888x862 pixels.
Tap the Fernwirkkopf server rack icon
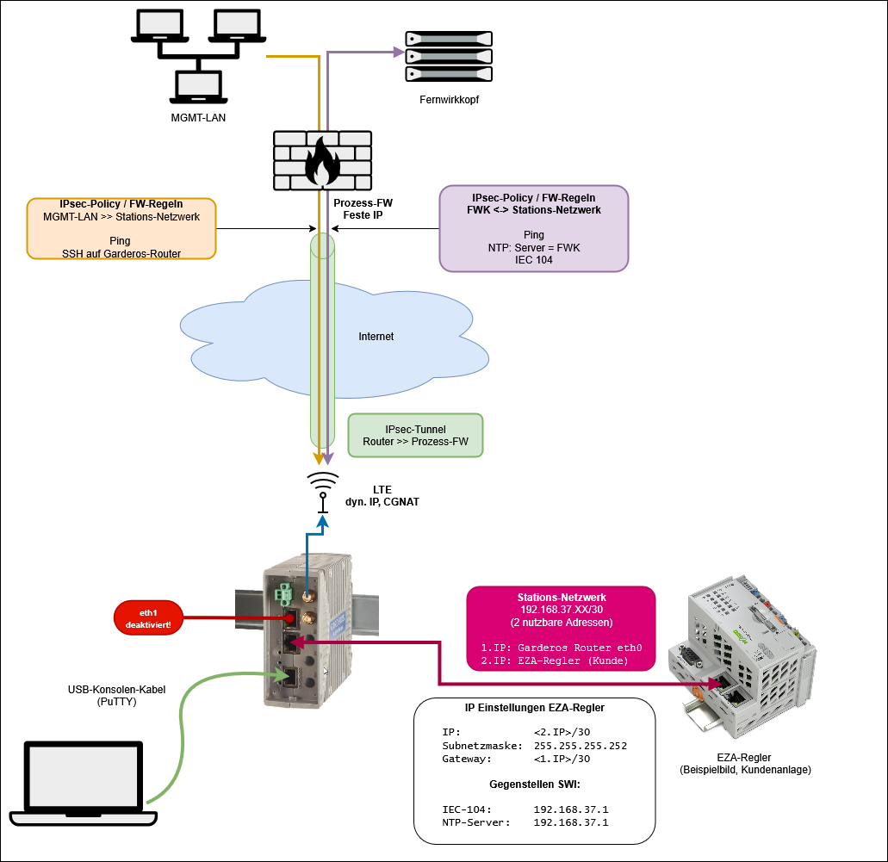pos(449,57)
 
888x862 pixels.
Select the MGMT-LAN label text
pos(198,117)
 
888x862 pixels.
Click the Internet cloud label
pos(376,337)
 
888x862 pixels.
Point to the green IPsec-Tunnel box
pos(415,435)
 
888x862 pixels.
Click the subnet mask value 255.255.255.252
pos(581,746)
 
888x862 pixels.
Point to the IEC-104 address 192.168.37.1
pos(571,809)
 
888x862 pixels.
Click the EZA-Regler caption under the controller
pos(744,763)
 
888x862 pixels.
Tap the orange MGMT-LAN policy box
pos(121,228)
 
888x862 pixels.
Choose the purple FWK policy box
pos(533,228)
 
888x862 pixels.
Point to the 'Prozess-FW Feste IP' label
pos(363,208)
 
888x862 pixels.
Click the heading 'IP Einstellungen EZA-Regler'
pos(534,708)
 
